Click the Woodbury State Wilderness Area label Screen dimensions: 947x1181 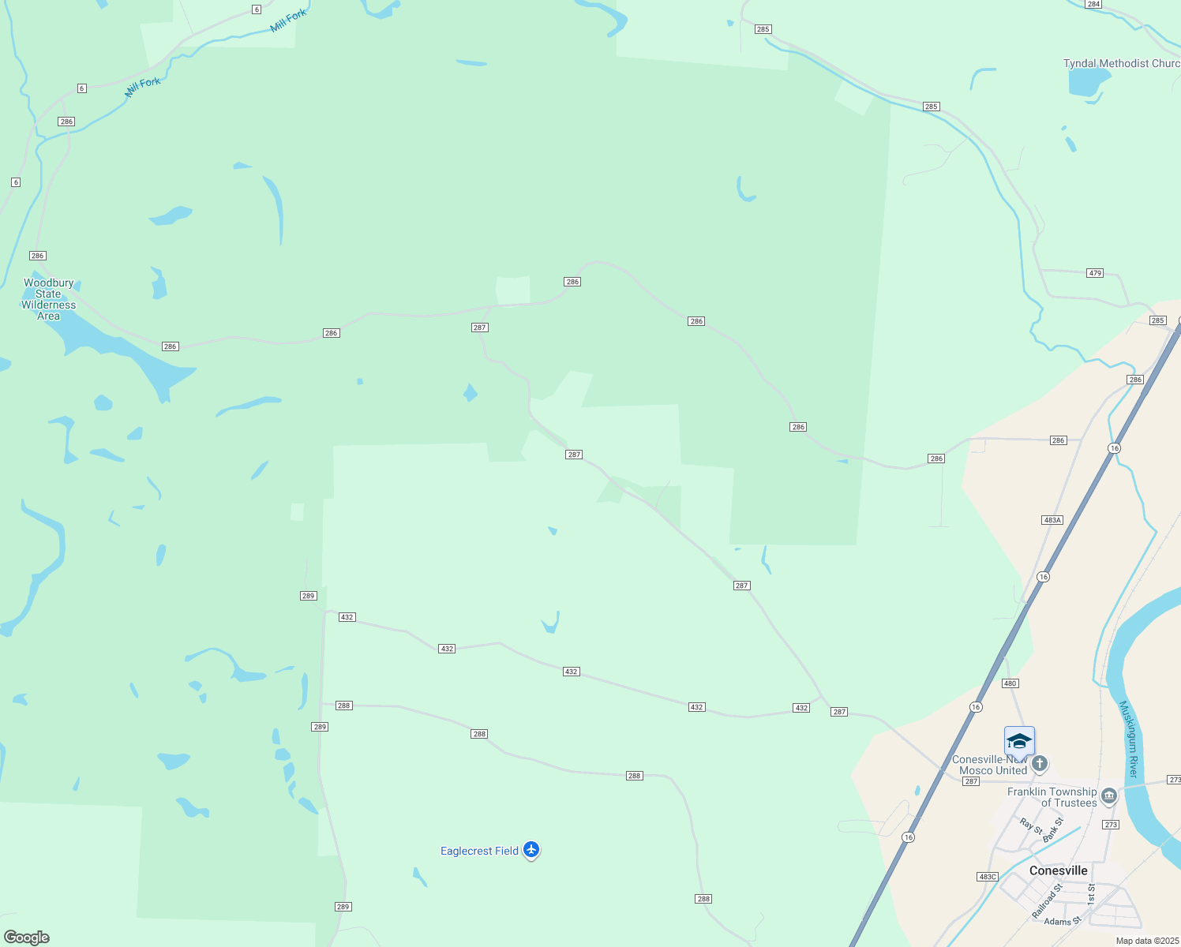click(x=48, y=299)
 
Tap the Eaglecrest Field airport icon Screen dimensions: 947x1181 click(x=531, y=850)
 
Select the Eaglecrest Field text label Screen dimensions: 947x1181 click(x=479, y=851)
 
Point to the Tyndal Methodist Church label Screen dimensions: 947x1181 click(x=1121, y=63)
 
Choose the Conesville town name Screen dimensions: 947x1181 click(x=1058, y=870)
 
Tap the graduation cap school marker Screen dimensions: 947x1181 click(x=1019, y=742)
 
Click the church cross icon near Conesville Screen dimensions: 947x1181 click(x=1040, y=763)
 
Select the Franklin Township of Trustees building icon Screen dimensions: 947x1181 click(x=1109, y=795)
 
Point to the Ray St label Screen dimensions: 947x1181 click(x=1030, y=826)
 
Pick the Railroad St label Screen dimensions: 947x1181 click(x=1048, y=900)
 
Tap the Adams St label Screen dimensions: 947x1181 click(x=1062, y=921)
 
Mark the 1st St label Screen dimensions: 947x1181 click(x=1091, y=893)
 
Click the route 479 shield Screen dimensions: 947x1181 click(x=1094, y=273)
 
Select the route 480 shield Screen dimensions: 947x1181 click(x=1010, y=683)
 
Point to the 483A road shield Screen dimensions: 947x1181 click(x=1052, y=520)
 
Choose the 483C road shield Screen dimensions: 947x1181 click(x=988, y=877)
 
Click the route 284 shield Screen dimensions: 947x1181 click(x=1093, y=4)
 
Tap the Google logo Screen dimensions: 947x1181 click(x=27, y=938)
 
